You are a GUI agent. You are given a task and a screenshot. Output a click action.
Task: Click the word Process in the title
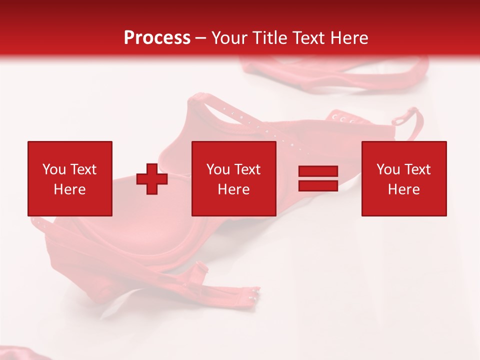[157, 38]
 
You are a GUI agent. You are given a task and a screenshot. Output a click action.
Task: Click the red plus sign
[152, 178]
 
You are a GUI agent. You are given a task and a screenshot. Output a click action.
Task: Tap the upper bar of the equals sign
[318, 171]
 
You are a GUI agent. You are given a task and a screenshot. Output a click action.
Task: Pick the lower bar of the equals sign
[318, 185]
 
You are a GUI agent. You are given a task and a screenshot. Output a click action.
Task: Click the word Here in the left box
[69, 189]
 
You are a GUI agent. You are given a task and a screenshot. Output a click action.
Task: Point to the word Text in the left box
[83, 169]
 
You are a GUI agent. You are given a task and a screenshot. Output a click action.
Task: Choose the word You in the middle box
[218, 169]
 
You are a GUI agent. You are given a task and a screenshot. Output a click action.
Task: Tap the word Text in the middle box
[247, 169]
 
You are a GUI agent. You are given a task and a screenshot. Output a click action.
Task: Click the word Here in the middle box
[233, 189]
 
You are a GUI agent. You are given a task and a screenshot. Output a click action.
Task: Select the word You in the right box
[388, 169]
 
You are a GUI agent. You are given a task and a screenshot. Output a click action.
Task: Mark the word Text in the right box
[417, 169]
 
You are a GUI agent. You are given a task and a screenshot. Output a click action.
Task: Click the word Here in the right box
[403, 189]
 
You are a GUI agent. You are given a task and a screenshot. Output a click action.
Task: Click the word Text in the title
[306, 38]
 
